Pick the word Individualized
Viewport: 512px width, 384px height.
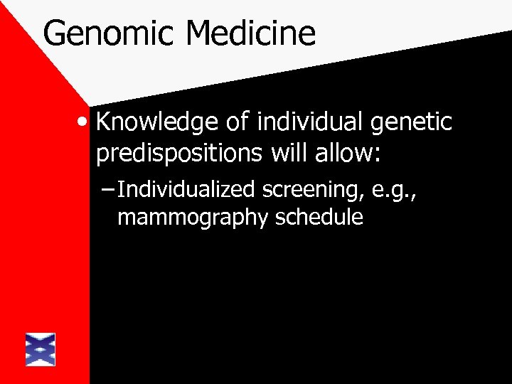(188, 190)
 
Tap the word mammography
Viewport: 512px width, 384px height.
(192, 218)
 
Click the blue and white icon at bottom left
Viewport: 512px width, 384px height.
(41, 350)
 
